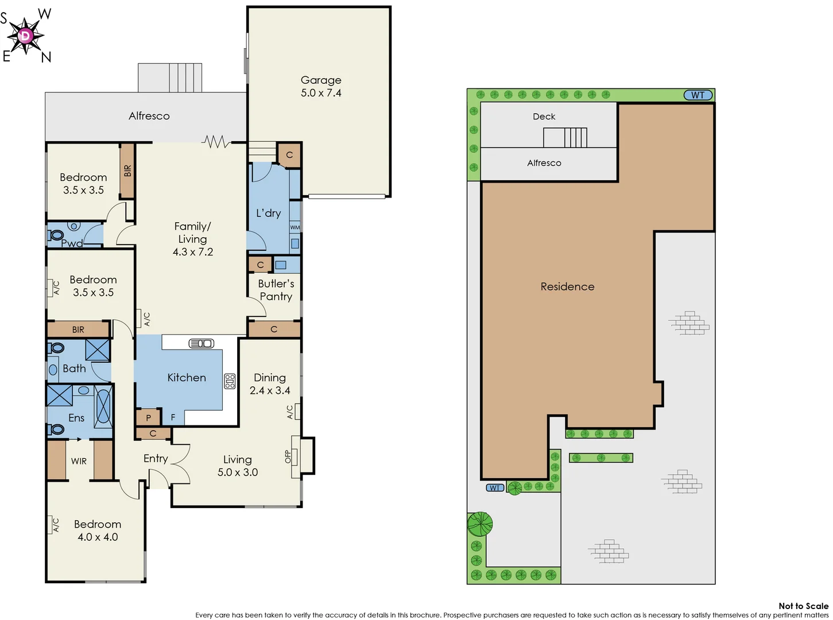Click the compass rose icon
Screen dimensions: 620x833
[x=25, y=36]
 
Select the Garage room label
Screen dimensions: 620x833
[x=321, y=80]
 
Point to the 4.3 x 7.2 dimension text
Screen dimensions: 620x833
[x=193, y=252]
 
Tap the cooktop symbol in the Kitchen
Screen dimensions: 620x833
[x=230, y=381]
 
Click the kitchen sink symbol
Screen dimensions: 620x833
[x=202, y=343]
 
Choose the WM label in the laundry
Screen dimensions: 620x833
[x=295, y=227]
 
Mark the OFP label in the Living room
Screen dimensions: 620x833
[x=288, y=456]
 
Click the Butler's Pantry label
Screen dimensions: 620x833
[x=276, y=290]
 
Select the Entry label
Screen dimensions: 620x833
[x=156, y=458]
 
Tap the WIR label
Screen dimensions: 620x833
[x=79, y=461]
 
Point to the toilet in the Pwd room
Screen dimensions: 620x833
[x=56, y=235]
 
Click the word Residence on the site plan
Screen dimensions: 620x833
[x=567, y=286]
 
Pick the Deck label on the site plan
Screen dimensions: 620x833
[x=544, y=117]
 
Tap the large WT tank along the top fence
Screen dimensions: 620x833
[x=698, y=95]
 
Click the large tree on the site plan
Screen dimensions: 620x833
[x=480, y=524]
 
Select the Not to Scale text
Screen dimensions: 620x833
[x=803, y=606]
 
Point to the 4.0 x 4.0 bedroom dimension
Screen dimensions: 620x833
[x=98, y=537]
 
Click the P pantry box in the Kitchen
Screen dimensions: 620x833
[x=148, y=418]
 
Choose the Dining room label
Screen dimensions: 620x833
[x=270, y=378]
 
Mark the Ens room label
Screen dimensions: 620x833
[x=76, y=418]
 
